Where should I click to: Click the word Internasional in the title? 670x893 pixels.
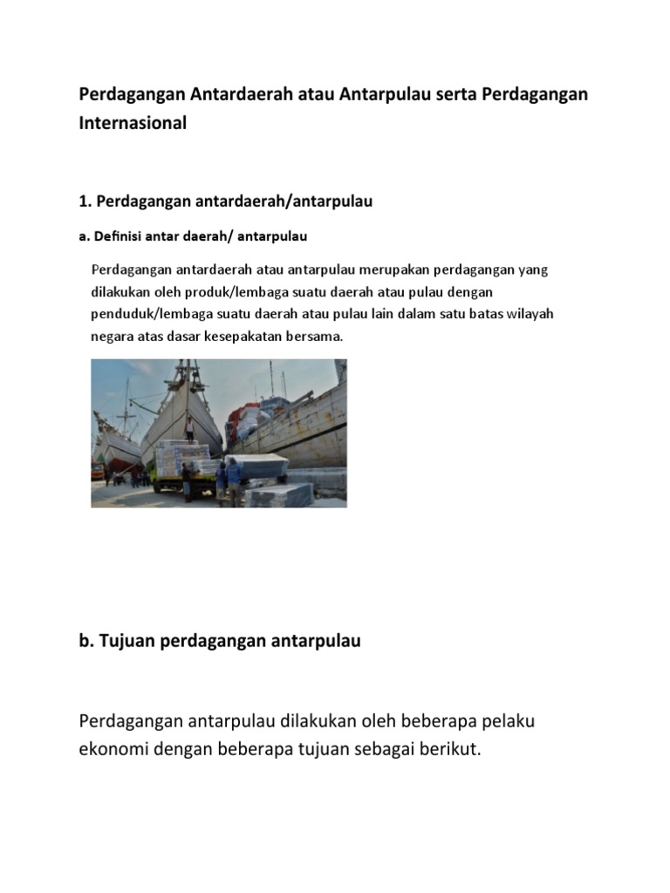133,124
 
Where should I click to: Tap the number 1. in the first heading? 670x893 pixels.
85,201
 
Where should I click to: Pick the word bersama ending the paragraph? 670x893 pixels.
318,336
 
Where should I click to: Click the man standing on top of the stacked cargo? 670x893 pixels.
189,428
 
